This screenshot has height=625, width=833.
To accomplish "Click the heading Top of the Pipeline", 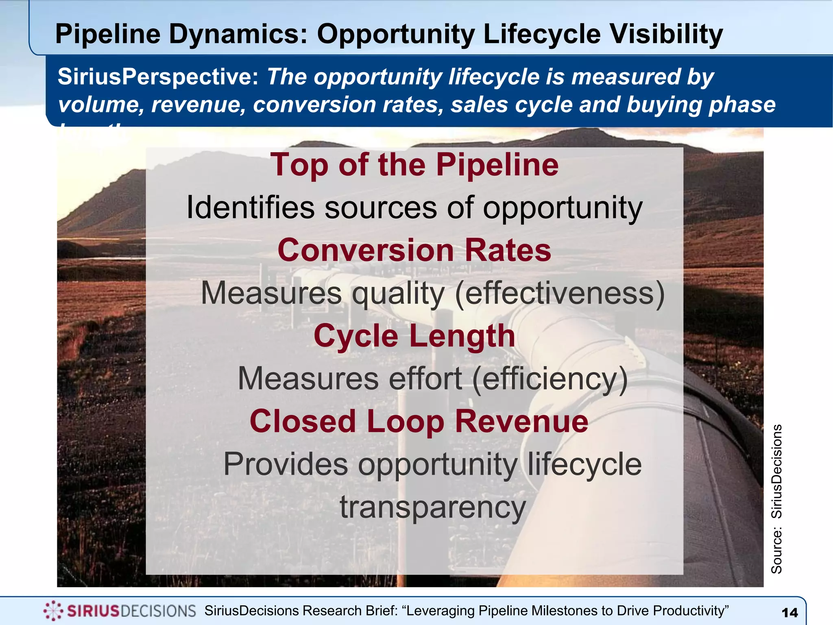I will pyautogui.click(x=414, y=165).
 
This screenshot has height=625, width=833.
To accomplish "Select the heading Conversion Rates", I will pyautogui.click(x=414, y=250).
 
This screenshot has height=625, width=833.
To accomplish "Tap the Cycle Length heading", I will pyautogui.click(x=414, y=336).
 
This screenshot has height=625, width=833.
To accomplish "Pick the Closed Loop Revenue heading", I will pyautogui.click(x=419, y=422).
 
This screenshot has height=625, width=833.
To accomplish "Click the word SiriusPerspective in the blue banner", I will pyautogui.click(x=158, y=76).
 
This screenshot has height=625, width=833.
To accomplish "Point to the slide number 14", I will pyautogui.click(x=790, y=613).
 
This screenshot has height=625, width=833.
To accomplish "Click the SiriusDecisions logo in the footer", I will pyautogui.click(x=120, y=611).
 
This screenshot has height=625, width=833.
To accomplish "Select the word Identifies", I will pyautogui.click(x=251, y=208).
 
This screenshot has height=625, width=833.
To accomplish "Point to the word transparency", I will pyautogui.click(x=433, y=507).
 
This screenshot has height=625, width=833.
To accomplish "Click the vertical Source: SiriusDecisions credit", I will pyautogui.click(x=776, y=499).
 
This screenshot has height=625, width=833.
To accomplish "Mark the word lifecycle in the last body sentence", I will pyautogui.click(x=584, y=464).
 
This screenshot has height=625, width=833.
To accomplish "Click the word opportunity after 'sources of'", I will pyautogui.click(x=563, y=208).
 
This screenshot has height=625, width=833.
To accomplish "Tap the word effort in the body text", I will pyautogui.click(x=425, y=379).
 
